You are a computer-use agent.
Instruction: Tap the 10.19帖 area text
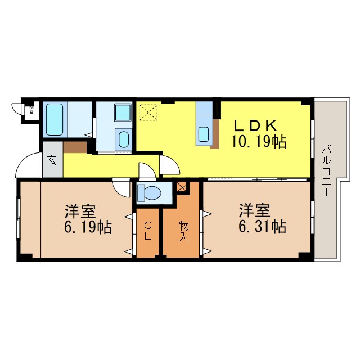(x=259, y=142)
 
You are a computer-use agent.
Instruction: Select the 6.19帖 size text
(x=88, y=227)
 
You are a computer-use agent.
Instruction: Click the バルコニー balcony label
(x=326, y=170)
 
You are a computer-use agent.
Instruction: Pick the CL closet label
(x=148, y=231)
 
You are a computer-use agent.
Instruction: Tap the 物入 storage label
(x=184, y=232)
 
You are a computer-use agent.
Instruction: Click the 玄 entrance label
(x=51, y=160)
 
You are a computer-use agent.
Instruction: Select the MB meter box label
(x=31, y=110)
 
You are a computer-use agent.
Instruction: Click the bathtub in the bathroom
(x=55, y=119)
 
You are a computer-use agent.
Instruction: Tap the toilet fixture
(x=149, y=192)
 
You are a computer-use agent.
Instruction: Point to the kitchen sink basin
(x=204, y=134)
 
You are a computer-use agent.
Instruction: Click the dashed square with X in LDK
(x=148, y=112)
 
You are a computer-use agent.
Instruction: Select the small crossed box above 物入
(x=182, y=187)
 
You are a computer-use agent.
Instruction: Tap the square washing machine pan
(x=123, y=112)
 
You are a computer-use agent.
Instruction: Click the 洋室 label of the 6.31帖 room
(x=255, y=210)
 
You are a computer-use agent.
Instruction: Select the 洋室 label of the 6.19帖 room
(x=80, y=211)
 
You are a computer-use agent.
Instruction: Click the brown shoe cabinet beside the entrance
(x=75, y=147)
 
